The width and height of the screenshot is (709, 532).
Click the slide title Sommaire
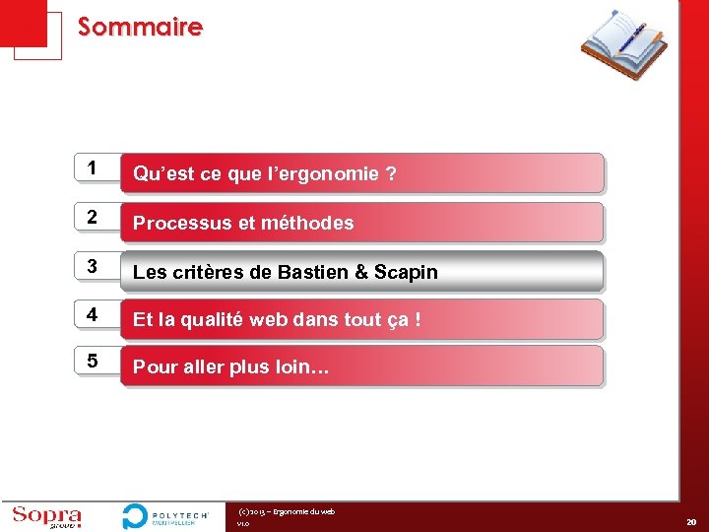tap(140, 27)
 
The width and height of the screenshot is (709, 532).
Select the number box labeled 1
tap(92, 168)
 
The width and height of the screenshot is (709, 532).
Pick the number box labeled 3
tap(92, 266)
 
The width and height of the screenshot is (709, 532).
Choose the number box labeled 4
tap(92, 315)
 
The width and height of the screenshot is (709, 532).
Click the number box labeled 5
tap(92, 362)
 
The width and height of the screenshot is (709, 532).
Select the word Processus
tap(173, 224)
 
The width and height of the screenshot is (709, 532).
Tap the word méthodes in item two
tap(309, 224)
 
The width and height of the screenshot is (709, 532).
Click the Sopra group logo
tap(47, 516)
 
